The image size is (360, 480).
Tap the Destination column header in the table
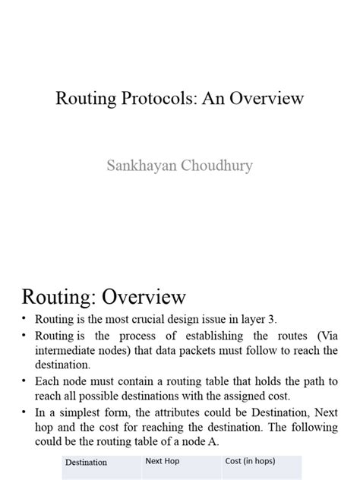click(86, 462)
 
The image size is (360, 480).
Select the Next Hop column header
click(162, 461)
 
